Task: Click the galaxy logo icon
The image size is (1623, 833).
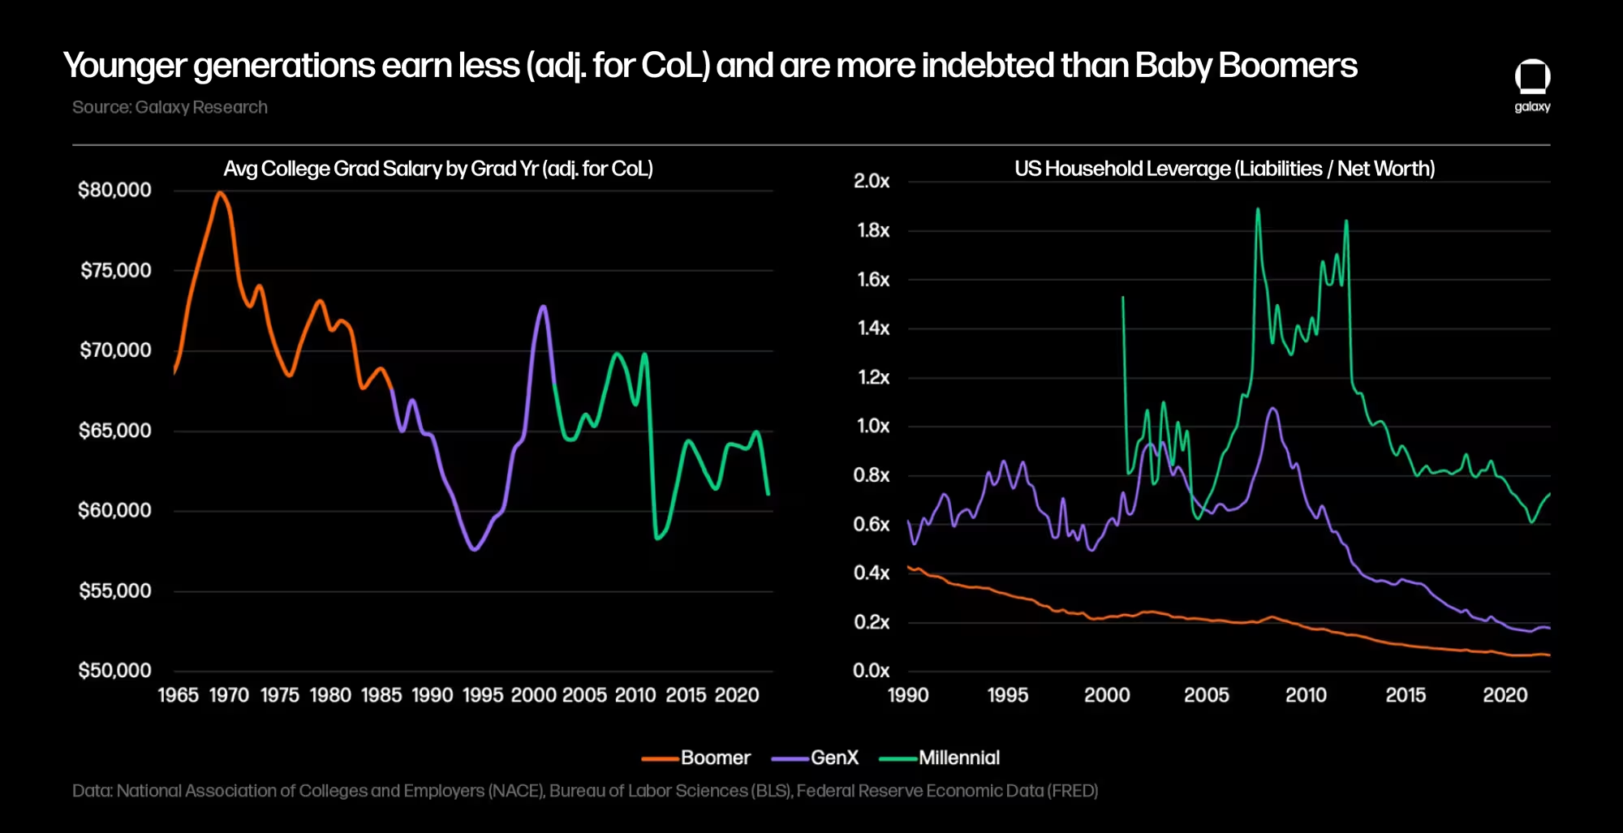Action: tap(1532, 78)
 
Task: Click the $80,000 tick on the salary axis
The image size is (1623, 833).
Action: tap(114, 190)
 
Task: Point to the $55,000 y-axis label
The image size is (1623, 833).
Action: tap(114, 590)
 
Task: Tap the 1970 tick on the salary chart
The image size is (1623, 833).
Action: tap(229, 695)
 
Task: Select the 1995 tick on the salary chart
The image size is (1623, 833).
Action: tap(483, 695)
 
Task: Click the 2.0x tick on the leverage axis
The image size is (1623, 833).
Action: tap(872, 181)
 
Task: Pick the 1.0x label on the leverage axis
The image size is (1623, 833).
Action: tap(873, 426)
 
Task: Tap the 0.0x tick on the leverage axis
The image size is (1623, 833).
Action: tap(872, 671)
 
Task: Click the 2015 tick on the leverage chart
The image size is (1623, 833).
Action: tap(1406, 695)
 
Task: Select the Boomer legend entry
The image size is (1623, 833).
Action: tap(697, 758)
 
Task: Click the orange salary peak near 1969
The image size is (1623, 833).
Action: tap(219, 193)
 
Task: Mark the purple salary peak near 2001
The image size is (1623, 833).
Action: tap(543, 307)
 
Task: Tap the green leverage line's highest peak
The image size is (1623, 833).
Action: tap(1258, 209)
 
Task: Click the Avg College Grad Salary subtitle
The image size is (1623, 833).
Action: tap(438, 169)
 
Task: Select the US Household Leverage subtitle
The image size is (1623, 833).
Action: tap(1225, 169)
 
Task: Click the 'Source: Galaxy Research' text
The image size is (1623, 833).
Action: tap(170, 107)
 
